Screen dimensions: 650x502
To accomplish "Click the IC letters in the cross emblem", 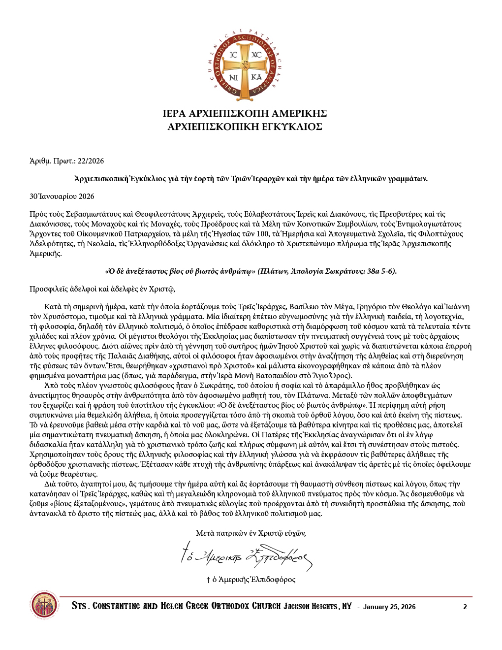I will [234, 55].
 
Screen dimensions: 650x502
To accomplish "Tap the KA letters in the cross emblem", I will [256, 77].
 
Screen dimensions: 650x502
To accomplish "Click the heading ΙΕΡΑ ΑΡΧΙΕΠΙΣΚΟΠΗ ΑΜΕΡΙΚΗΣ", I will [245, 114].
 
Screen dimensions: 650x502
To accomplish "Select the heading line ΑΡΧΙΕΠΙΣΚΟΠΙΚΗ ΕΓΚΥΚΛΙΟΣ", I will [245, 127].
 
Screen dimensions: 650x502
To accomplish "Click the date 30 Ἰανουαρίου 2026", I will [62, 196].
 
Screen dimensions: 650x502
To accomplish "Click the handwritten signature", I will [246, 555].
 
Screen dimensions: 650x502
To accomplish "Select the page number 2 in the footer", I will [465, 607].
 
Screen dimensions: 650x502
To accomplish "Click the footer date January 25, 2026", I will [389, 607].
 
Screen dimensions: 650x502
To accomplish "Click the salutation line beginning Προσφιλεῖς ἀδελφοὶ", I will [102, 289].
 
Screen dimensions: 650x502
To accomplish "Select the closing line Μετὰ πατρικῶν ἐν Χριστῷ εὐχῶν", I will [251, 533].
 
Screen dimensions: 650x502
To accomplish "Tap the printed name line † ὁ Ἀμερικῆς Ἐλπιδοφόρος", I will [251, 580].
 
